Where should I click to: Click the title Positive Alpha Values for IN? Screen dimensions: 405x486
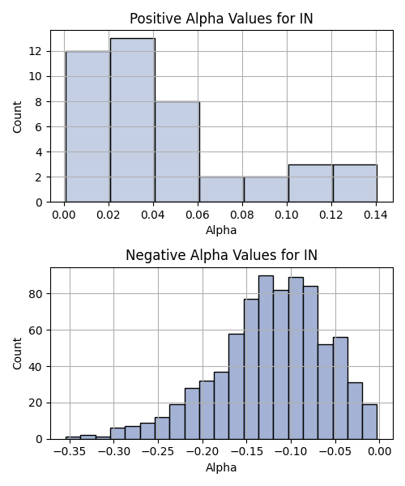(221, 19)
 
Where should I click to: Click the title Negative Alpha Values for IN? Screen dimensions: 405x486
(221, 255)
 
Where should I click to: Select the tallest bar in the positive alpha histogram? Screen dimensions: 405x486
(133, 120)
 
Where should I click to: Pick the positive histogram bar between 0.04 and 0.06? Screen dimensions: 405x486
(177, 152)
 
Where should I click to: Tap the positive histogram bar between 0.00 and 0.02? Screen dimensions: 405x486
(88, 126)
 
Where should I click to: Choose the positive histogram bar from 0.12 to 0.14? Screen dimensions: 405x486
(355, 184)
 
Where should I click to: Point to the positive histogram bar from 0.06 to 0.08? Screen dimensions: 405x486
(222, 190)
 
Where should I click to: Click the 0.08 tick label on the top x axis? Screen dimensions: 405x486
(242, 215)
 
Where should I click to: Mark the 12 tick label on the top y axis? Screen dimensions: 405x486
(36, 52)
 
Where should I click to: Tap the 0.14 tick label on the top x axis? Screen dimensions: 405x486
(376, 215)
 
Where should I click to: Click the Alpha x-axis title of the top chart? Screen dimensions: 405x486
(221, 230)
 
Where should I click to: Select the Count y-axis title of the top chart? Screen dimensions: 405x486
(17, 117)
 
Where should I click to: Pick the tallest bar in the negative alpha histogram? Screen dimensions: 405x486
(266, 357)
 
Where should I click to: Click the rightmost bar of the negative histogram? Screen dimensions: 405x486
(369, 422)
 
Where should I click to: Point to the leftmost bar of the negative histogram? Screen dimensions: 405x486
(73, 438)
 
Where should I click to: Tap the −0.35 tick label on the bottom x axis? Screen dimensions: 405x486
(70, 452)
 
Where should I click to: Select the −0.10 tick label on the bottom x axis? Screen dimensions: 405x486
(291, 452)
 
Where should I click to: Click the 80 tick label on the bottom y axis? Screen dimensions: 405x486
(36, 294)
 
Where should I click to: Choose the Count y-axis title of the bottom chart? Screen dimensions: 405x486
(17, 354)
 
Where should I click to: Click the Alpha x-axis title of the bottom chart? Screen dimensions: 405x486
(221, 467)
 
